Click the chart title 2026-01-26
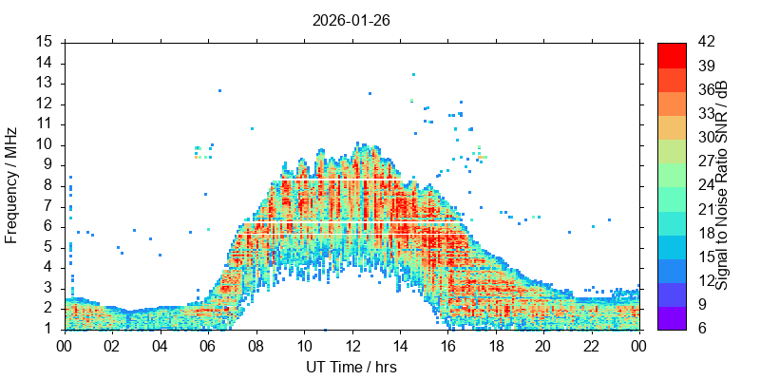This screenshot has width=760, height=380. pos(351,19)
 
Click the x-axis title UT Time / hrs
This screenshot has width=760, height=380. pos(351,367)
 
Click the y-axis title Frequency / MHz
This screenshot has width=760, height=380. pos(12,185)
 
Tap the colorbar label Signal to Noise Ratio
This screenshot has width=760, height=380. pos(722,185)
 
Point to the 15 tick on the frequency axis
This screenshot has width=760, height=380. pos(44,42)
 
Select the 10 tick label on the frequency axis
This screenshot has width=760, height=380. pos(44,144)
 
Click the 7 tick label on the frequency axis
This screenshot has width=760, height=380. pos(47,206)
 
